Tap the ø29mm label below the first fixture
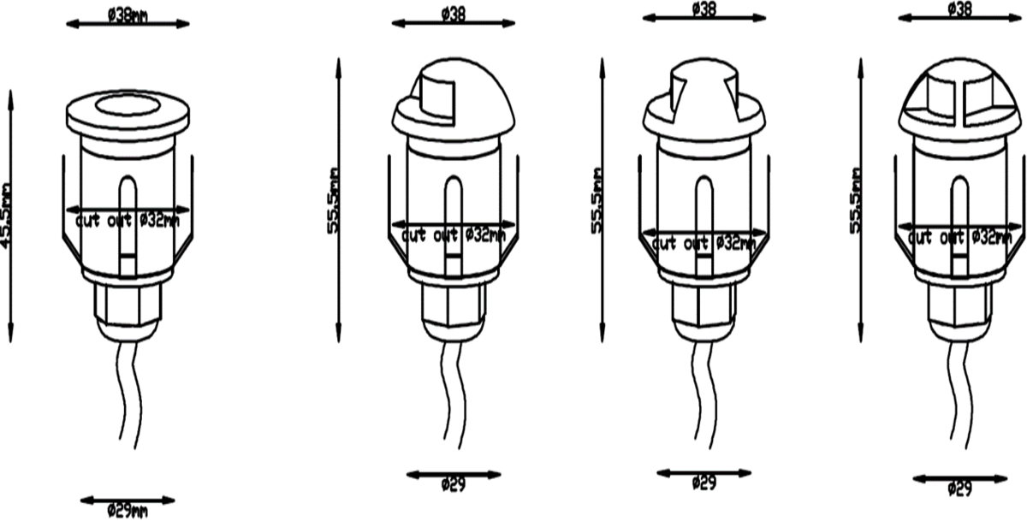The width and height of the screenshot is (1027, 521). click(128, 511)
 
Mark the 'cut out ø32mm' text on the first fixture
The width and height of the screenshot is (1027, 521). click(128, 221)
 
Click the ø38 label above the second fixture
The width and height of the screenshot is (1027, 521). click(454, 15)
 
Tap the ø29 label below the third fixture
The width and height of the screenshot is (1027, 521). click(703, 483)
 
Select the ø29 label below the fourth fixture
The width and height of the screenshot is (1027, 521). click(960, 489)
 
